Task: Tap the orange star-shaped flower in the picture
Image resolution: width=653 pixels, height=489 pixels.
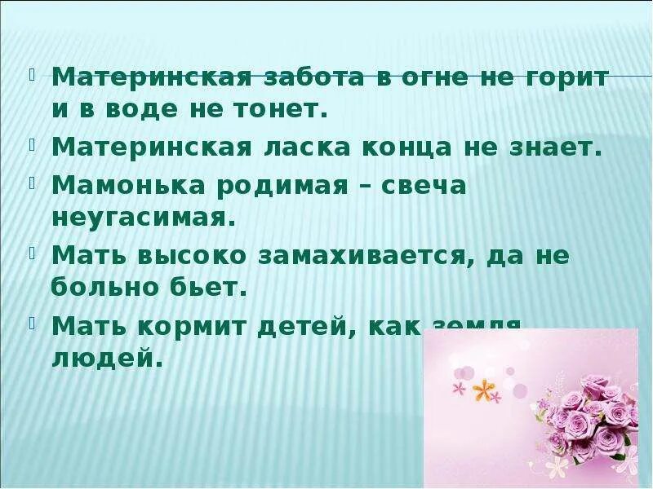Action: pyautogui.click(x=486, y=392)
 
